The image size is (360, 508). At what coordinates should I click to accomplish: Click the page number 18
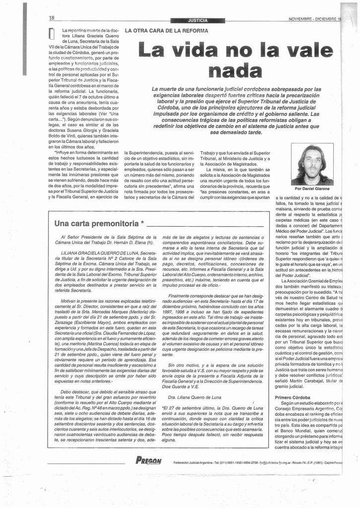click(x=52, y=18)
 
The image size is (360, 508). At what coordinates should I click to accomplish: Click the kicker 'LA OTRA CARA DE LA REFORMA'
click(x=166, y=31)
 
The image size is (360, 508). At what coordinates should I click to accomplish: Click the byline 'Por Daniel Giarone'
click(x=312, y=189)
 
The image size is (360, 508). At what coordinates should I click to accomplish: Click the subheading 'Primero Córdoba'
click(x=293, y=397)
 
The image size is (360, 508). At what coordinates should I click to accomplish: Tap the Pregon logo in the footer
click(x=148, y=461)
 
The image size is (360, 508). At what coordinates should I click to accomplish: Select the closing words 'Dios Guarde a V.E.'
click(x=183, y=386)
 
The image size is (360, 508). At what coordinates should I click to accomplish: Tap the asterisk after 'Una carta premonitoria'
click(x=143, y=223)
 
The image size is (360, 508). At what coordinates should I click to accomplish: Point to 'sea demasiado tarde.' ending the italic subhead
click(x=236, y=132)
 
